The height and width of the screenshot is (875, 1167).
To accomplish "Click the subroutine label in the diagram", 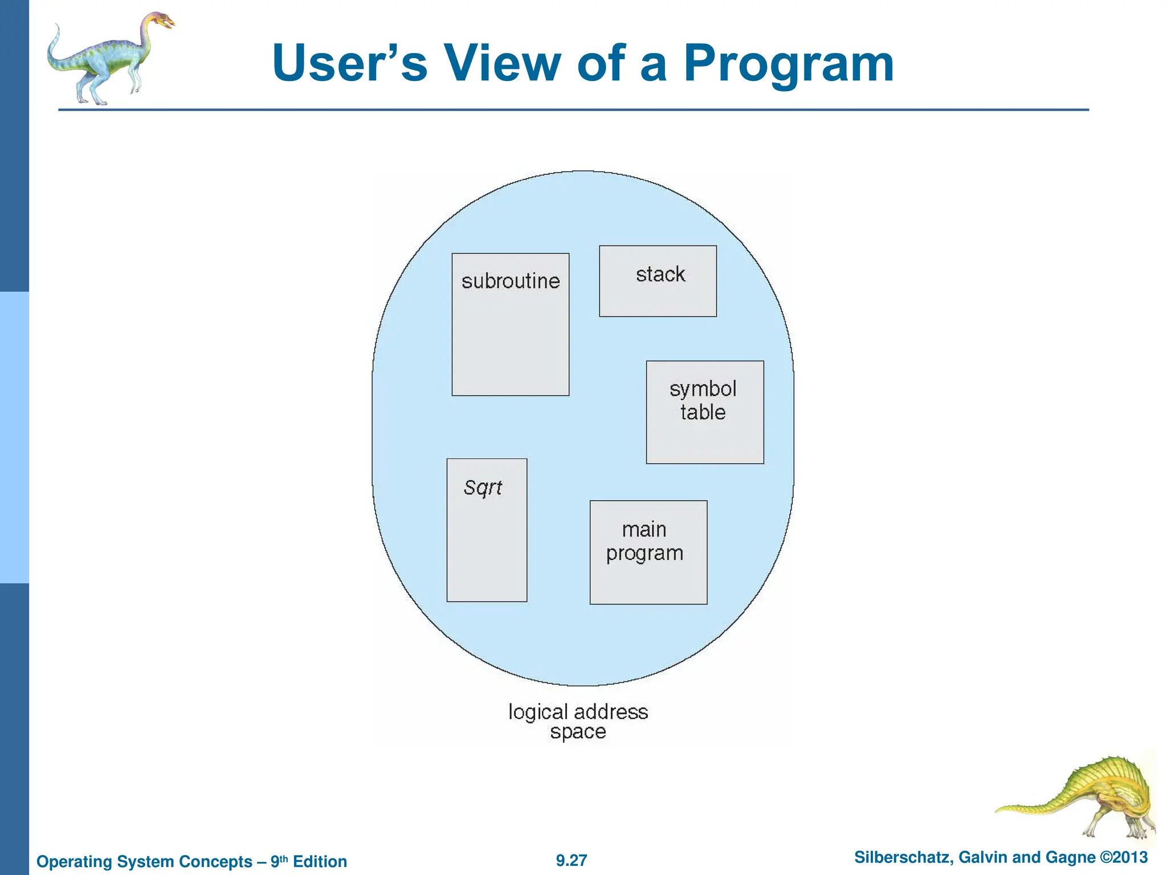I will point(511,281).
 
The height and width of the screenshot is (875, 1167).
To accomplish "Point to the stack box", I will point(658,281).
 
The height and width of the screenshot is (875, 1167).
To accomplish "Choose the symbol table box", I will point(705,412).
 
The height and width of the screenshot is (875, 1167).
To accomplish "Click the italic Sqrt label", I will point(483,488).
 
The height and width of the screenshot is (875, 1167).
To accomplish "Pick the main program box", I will point(648,552).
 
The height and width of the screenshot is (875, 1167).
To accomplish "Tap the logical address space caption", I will point(578,721).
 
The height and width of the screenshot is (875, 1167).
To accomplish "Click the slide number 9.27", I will point(572,860).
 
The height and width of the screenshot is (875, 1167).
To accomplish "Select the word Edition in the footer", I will point(320,861).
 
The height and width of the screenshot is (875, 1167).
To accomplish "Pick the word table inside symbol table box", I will point(703,412).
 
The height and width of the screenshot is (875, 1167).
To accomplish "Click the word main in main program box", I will point(644,530).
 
